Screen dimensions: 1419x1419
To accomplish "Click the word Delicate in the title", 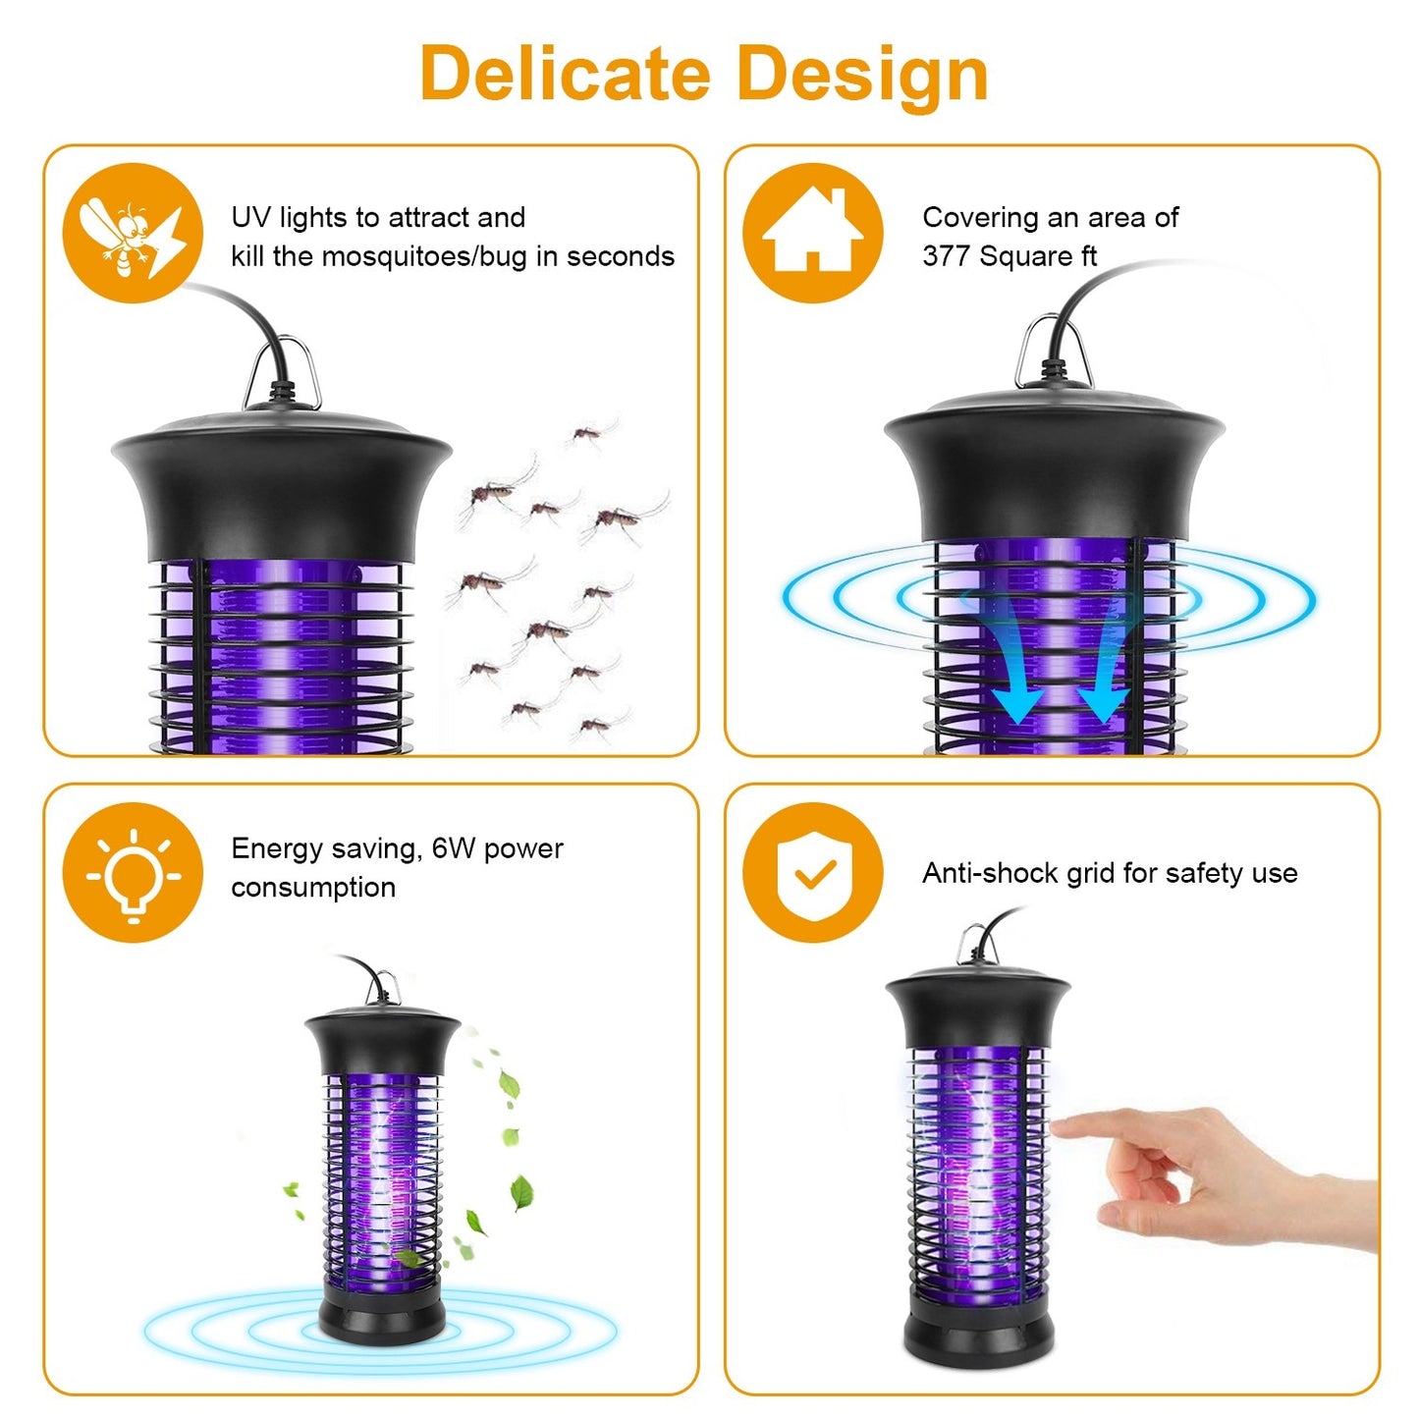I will coord(565,75).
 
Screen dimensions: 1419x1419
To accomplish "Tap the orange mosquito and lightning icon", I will coord(133,234).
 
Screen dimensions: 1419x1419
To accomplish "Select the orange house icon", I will coord(812,233).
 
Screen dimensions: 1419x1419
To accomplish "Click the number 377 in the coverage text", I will coord(946,257).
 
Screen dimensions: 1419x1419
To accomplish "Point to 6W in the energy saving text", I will coord(454,848).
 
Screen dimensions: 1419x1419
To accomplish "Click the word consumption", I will coord(313,888).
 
